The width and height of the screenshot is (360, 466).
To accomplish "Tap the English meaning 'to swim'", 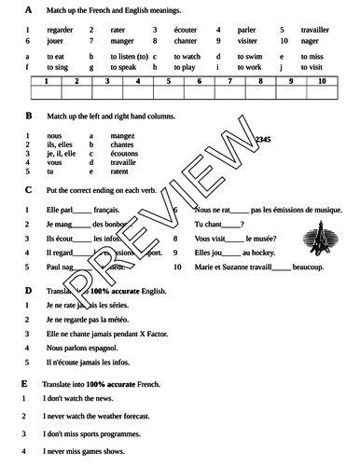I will (247, 57).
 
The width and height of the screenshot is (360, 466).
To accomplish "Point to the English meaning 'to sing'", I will (57, 69).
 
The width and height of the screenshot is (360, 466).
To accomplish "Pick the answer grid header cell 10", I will (322, 82).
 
